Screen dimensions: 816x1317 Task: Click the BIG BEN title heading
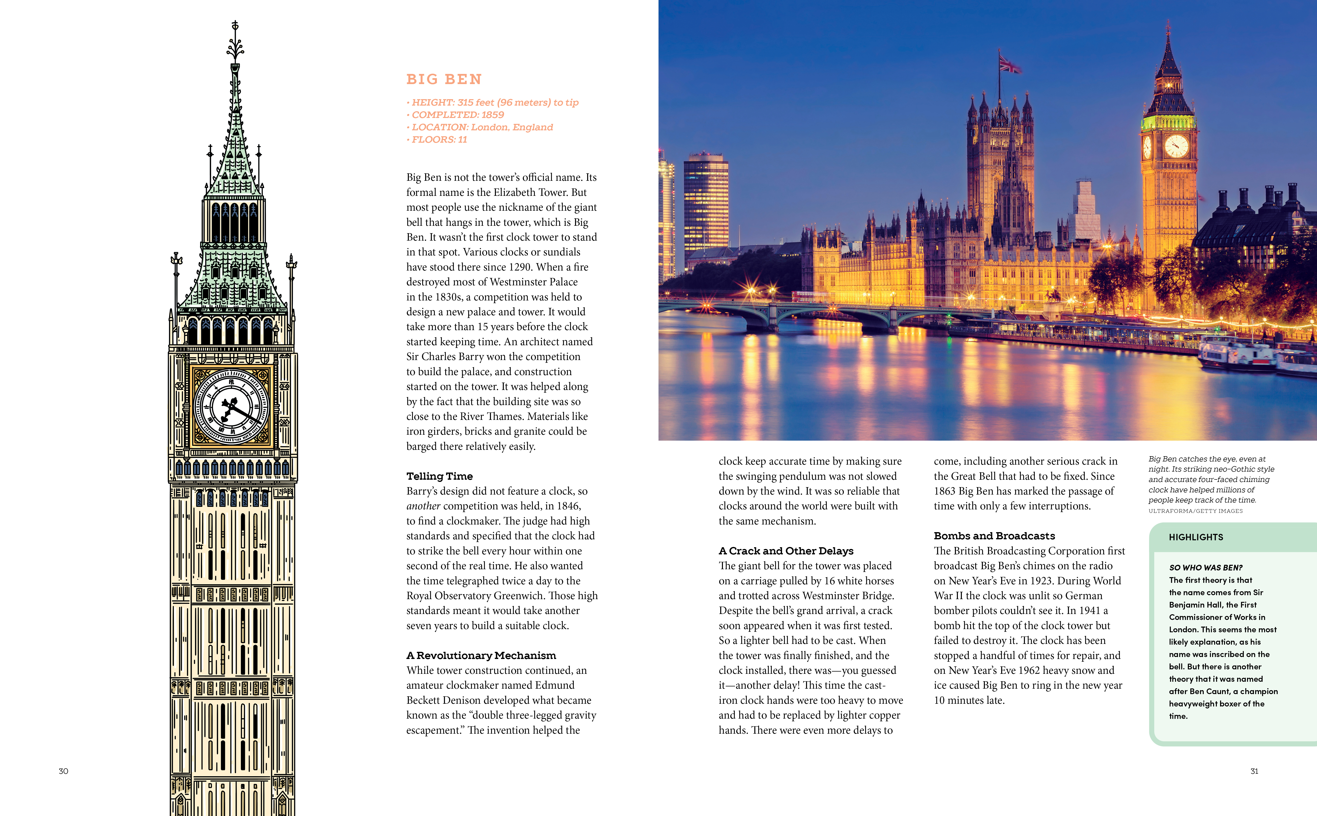point(444,79)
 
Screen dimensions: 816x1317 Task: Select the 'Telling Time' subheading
point(439,476)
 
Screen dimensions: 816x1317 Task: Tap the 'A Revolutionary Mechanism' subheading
point(481,655)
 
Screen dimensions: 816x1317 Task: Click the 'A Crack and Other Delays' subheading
point(786,550)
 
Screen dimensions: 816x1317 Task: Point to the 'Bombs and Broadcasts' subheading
point(994,535)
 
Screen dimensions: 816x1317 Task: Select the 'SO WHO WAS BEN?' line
point(1205,567)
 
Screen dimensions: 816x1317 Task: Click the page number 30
point(63,771)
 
